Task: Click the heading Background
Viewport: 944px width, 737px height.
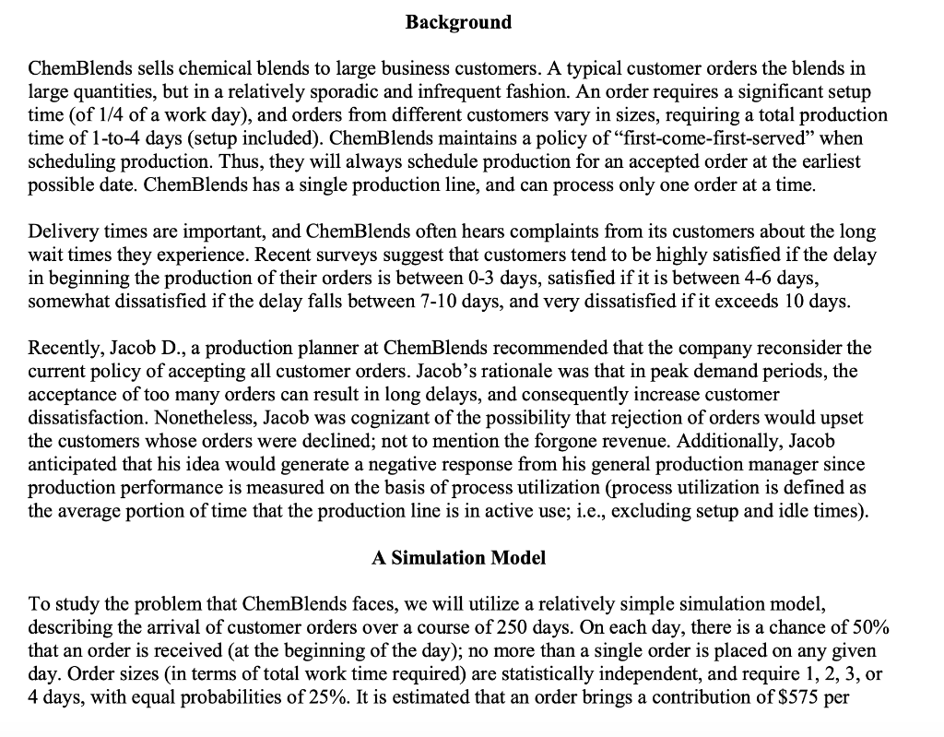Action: click(x=458, y=22)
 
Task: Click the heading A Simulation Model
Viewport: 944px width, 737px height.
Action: click(x=458, y=557)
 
